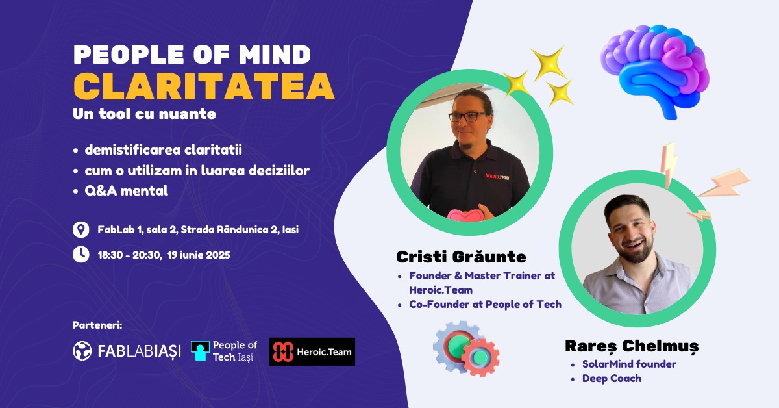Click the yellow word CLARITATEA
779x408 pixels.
coord(204,86)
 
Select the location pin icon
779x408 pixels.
coord(80,230)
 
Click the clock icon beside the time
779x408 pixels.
coord(80,255)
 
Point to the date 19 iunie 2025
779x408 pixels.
coord(199,255)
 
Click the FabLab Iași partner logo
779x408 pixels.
coord(127,351)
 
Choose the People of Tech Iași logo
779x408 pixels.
coord(224,351)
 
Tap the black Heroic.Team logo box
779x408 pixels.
coord(312,351)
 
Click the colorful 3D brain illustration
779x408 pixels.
coord(655,71)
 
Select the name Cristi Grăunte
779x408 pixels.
coord(461,257)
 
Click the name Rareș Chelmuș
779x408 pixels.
coord(632,346)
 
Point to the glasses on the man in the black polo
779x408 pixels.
coord(469,117)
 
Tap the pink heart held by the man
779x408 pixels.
coord(464,215)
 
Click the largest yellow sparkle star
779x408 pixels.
coord(549,64)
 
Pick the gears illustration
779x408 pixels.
coord(466,349)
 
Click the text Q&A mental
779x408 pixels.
coord(126,191)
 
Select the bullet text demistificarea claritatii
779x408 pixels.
coord(163,150)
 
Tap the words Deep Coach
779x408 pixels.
coord(612,378)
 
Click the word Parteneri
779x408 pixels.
coord(97,325)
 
